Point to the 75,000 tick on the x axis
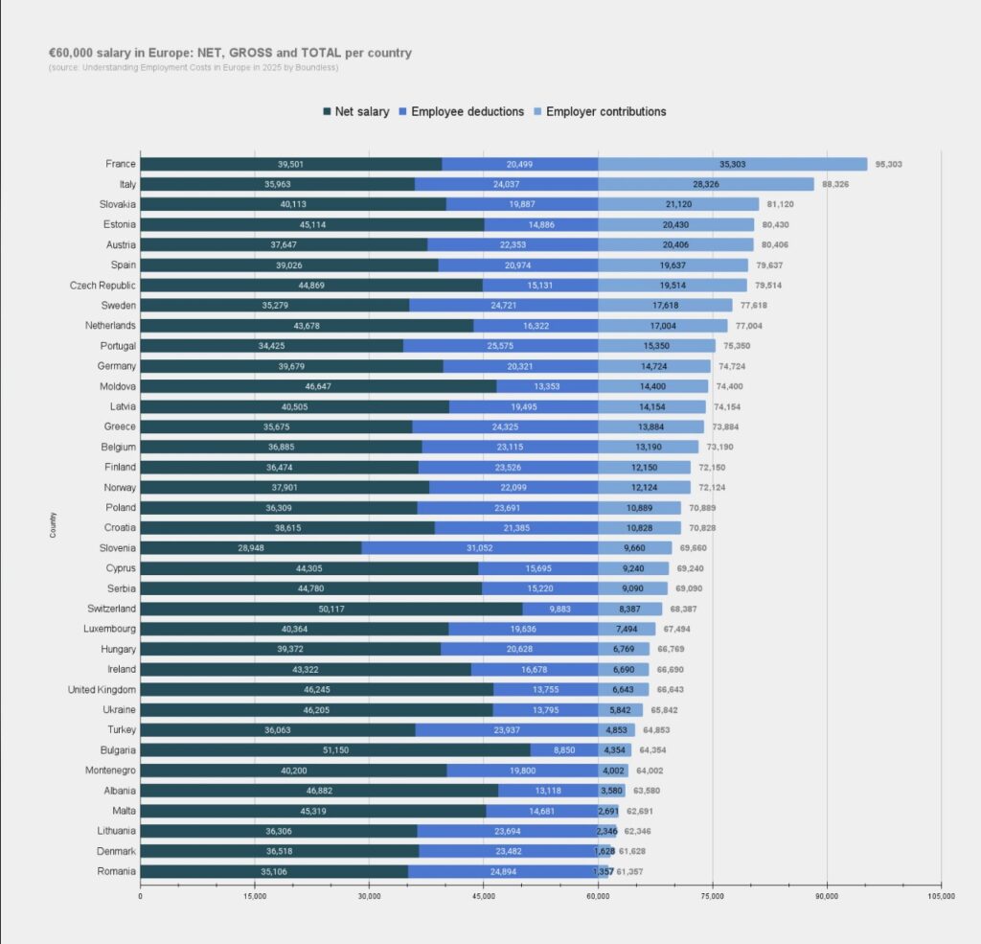(x=713, y=896)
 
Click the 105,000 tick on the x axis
(x=941, y=896)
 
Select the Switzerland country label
(x=110, y=609)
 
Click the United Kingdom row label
(x=102, y=689)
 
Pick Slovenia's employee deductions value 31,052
(x=480, y=548)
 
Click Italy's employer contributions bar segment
(x=706, y=184)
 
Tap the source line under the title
(x=193, y=68)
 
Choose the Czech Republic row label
(x=103, y=285)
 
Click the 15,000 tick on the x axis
(x=255, y=896)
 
